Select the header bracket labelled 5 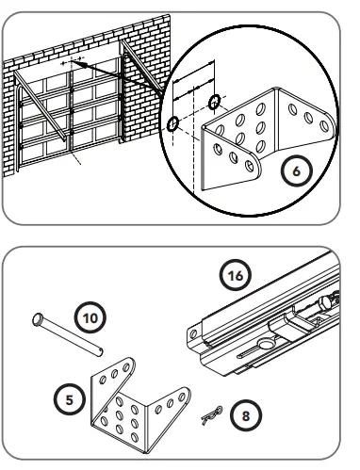tap(132, 405)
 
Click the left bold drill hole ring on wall tap(172, 122)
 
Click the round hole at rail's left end tap(192, 331)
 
